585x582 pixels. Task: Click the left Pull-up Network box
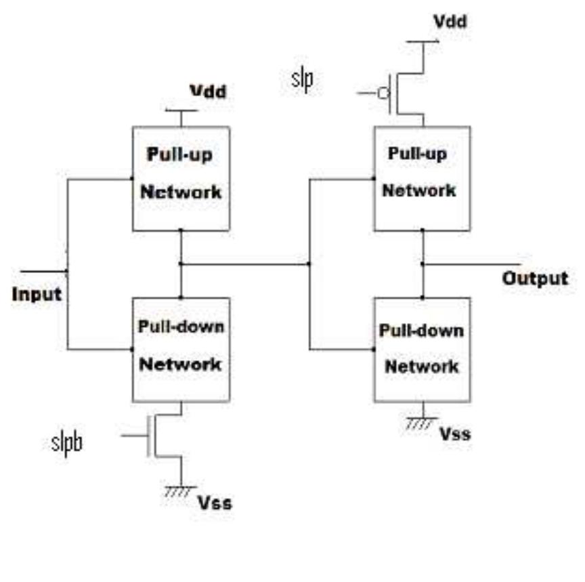pos(181,178)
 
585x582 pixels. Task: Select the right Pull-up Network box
pos(423,178)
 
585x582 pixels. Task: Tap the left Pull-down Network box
pos(181,348)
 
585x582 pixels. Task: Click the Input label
pos(37,295)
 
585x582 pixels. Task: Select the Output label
pos(535,278)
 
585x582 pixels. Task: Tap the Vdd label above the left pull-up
pos(207,91)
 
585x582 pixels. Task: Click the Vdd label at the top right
pos(450,22)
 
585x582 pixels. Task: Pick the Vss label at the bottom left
pos(215,503)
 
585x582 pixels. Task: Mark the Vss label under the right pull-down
pos(454,434)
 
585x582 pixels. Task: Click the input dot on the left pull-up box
pos(132,179)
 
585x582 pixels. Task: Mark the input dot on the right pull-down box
pos(374,350)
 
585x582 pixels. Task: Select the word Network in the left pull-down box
pos(180,364)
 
